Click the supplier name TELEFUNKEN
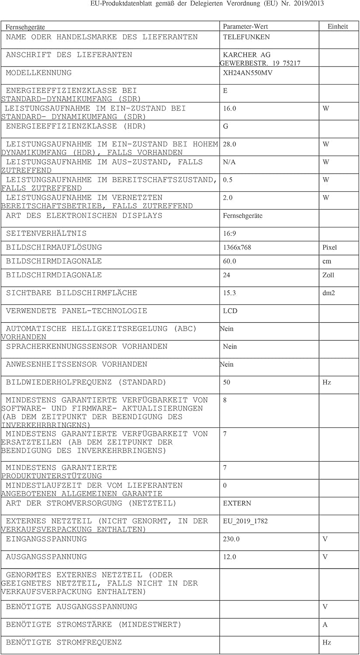point(246,37)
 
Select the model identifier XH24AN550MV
point(247,73)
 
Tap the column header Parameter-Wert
point(245,27)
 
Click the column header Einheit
point(338,27)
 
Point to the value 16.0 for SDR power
point(229,109)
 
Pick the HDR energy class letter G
point(225,127)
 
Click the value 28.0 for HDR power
point(229,145)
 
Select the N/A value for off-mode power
point(229,162)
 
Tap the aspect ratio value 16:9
point(229,234)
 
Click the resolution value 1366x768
point(237,248)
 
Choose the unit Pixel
point(329,248)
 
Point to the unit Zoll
point(328,275)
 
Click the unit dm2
point(329,293)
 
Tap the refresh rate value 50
point(226,383)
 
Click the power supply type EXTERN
point(237,503)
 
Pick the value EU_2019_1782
point(245,521)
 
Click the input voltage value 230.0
point(231,539)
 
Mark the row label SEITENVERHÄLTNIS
point(46,234)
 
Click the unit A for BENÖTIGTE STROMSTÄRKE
point(325,625)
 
